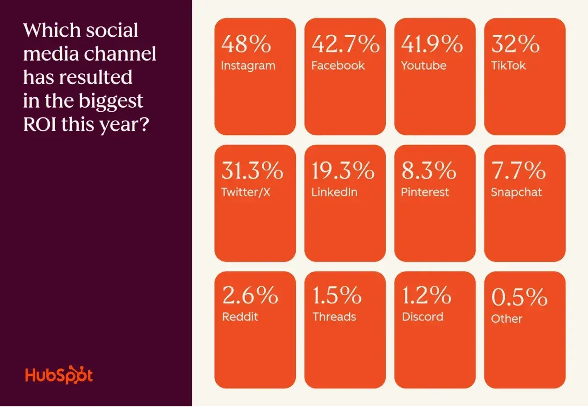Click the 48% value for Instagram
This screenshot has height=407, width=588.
246,45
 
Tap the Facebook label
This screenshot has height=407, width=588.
337,66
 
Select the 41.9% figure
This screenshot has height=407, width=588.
432,45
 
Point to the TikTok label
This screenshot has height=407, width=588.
508,66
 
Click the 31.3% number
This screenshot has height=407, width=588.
252,172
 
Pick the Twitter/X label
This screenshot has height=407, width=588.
246,192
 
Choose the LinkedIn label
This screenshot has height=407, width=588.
334,192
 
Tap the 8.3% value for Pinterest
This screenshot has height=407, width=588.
428,172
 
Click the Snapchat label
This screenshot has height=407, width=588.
516,192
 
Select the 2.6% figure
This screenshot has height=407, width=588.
250,296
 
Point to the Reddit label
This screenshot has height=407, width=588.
240,317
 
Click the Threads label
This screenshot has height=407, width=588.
334,317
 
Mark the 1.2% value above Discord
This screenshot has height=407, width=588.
426,296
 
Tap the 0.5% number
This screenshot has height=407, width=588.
519,298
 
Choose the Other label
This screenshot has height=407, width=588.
507,319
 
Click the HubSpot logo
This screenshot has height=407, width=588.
59,375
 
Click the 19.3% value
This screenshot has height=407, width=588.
342,172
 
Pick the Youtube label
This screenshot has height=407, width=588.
423,66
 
